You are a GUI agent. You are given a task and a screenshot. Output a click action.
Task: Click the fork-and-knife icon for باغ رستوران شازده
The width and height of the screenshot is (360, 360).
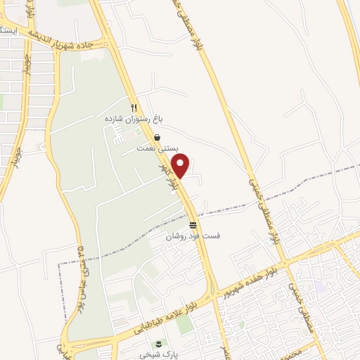coord(134,108)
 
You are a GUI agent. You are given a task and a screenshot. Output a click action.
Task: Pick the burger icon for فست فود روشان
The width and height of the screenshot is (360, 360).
coord(193,225)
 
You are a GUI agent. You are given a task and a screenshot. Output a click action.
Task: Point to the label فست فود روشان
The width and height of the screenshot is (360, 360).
coord(193,237)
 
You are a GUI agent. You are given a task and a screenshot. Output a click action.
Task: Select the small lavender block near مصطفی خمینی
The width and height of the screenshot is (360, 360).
coord(320,288)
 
